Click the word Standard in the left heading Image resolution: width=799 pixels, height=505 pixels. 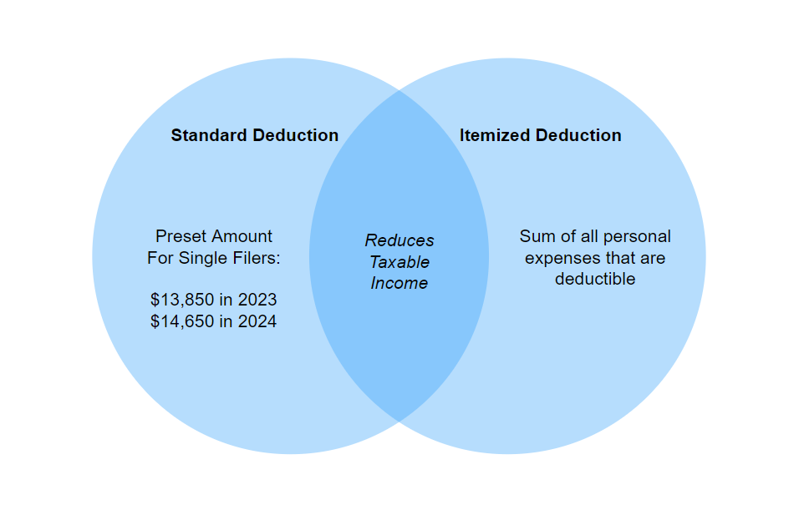(x=210, y=135)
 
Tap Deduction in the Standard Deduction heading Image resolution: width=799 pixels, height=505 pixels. (x=296, y=135)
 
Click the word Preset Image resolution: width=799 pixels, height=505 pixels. (x=181, y=236)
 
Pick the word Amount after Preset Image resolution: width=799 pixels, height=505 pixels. (x=242, y=236)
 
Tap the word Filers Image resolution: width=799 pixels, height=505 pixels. (x=254, y=258)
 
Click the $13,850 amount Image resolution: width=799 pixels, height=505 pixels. (x=182, y=300)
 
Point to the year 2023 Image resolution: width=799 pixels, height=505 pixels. (x=257, y=300)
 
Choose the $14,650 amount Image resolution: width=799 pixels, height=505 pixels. (x=182, y=321)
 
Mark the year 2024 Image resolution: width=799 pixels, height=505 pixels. (x=257, y=321)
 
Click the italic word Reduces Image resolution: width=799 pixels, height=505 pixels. (x=399, y=240)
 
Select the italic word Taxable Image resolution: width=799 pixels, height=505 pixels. (x=399, y=262)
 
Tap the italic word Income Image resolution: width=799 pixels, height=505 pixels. (x=399, y=283)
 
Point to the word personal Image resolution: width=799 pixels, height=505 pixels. (x=637, y=237)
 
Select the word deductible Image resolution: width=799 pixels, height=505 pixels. (x=595, y=279)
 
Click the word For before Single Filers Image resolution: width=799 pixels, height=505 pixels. (x=160, y=258)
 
